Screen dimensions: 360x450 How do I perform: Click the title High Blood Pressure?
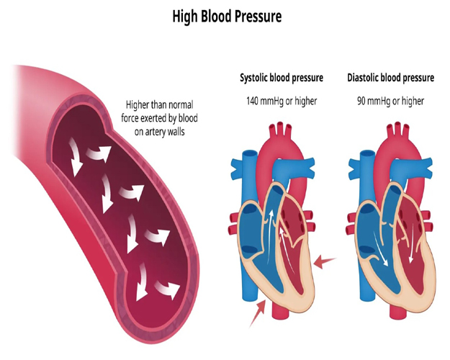coord(226,15)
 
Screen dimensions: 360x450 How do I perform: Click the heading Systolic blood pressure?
coord(282,77)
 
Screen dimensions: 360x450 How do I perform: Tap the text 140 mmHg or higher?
coord(282,101)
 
